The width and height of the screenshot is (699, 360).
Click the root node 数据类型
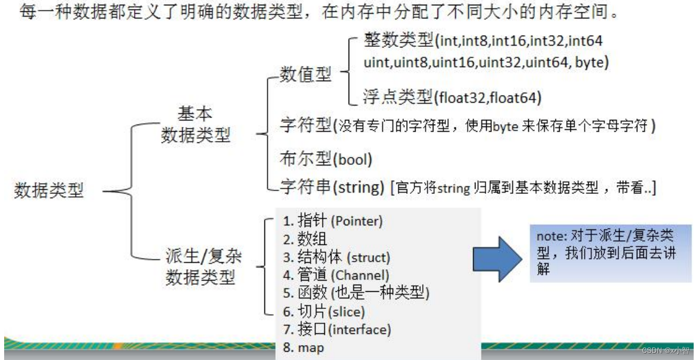49,190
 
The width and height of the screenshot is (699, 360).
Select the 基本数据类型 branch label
195,124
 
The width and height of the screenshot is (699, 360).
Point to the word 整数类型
398,42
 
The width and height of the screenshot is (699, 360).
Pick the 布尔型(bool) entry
325,159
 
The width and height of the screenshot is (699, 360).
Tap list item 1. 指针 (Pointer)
333,221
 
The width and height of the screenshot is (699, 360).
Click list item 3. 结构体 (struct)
336,257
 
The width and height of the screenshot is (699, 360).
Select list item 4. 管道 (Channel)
336,275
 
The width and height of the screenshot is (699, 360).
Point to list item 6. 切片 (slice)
323,311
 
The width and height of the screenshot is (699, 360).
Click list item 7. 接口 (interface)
337,329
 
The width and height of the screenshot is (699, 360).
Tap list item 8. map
304,348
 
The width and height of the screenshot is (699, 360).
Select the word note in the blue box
550,235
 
